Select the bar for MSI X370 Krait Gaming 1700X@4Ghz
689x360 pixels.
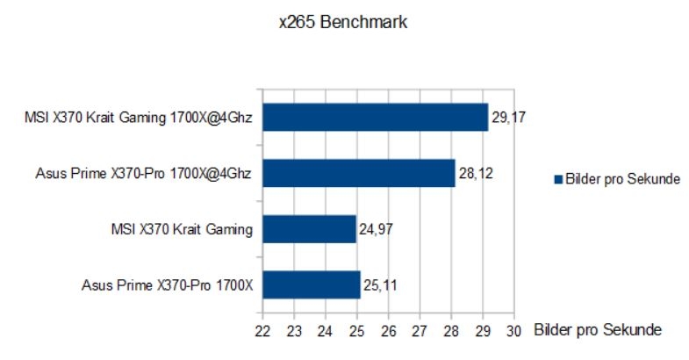point(375,117)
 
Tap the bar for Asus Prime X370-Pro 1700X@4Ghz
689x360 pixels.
point(358,173)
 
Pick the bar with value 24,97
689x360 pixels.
point(309,229)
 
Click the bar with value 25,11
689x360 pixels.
point(312,285)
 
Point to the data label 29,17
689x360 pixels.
point(508,117)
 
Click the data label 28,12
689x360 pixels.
point(475,173)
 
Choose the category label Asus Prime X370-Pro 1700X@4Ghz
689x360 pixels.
point(140,173)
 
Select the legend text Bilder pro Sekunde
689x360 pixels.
point(621,180)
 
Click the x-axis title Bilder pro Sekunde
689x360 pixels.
point(597,330)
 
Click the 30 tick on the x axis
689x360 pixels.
point(513,331)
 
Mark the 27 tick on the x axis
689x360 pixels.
point(420,331)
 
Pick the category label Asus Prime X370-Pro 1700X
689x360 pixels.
point(167,285)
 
